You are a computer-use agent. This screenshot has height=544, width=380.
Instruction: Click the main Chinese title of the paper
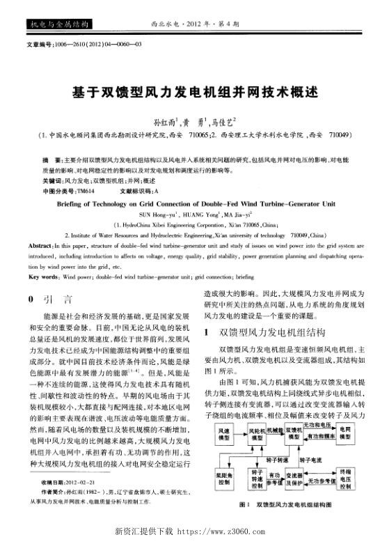click(189, 91)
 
